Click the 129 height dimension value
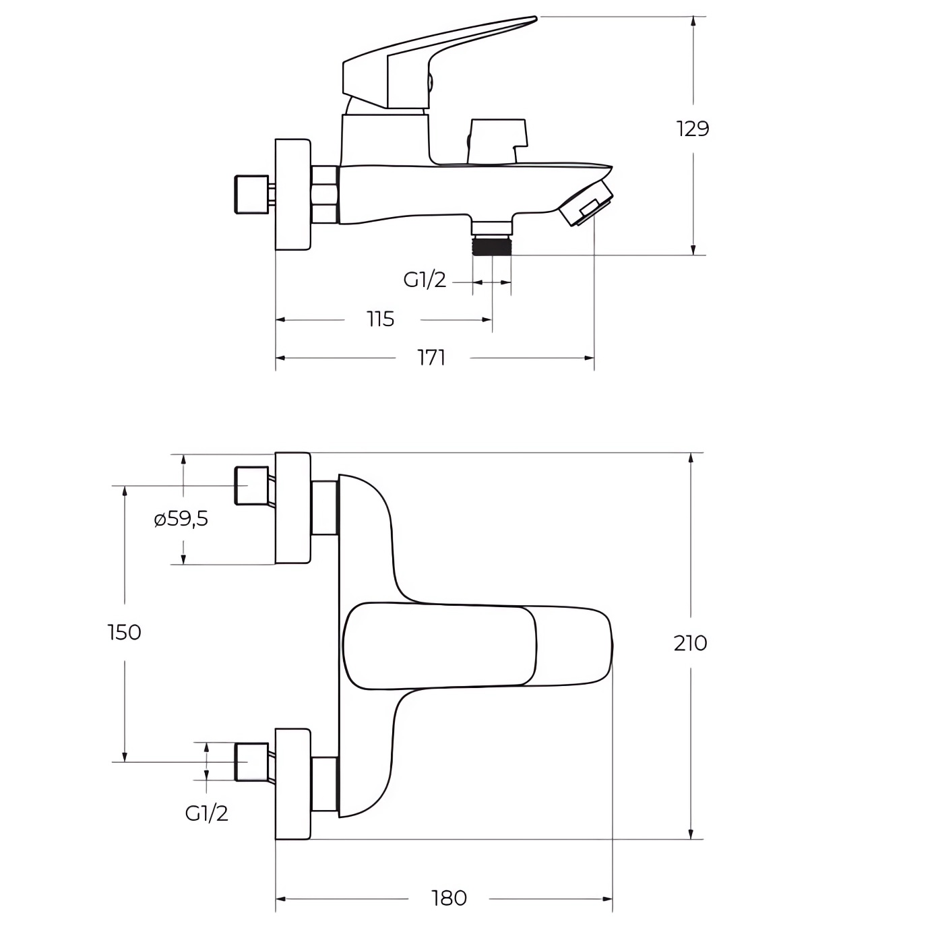coord(693,129)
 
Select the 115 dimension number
coord(381,319)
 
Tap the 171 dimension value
coord(431,358)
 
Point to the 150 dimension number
coord(125,633)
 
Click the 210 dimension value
coord(690,643)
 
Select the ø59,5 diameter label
coord(181,519)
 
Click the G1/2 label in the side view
coord(425,280)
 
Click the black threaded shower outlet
coord(492,245)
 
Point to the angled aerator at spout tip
coord(586,204)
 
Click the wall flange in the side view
coord(292,195)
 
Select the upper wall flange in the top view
coord(292,508)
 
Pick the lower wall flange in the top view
coord(292,784)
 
